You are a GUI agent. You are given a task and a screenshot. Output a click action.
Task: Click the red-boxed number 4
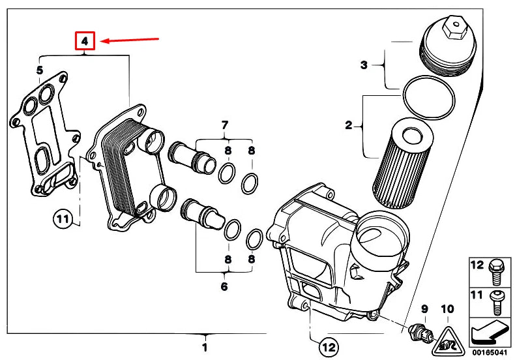[85, 41]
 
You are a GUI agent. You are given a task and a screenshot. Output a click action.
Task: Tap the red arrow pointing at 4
[130, 40]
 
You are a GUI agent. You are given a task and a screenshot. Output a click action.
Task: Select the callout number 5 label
[40, 70]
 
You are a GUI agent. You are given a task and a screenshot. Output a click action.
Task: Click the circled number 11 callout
[61, 220]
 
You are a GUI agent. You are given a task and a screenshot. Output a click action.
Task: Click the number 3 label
[364, 65]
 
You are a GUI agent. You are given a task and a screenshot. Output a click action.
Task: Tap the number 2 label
[348, 125]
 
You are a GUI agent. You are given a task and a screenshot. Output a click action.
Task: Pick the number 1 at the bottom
[205, 346]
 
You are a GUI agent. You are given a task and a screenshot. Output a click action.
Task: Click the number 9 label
[424, 308]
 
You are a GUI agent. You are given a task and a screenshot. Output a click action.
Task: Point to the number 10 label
[447, 308]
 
